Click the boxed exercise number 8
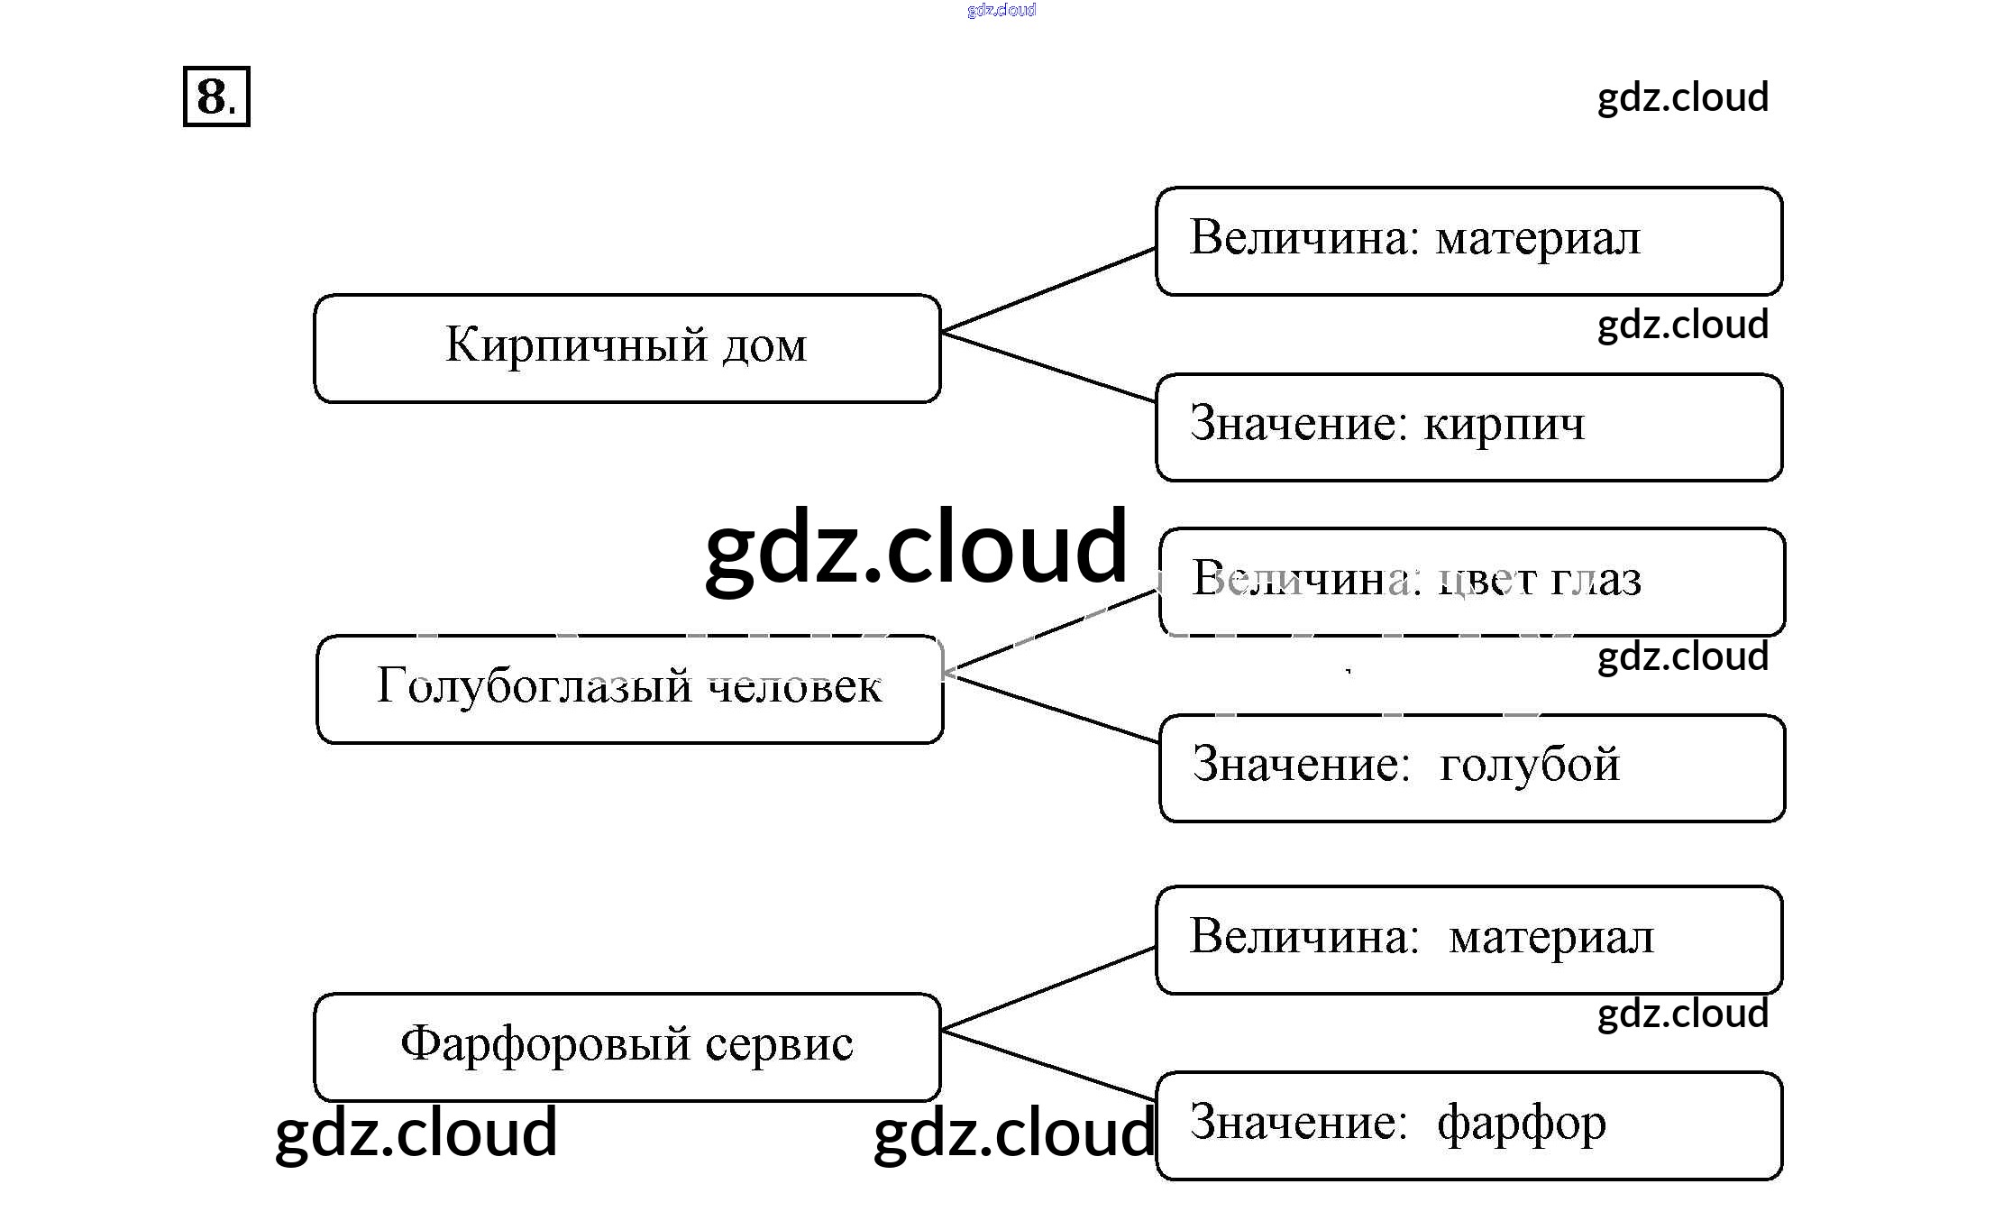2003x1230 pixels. (216, 96)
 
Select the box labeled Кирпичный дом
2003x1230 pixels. (627, 348)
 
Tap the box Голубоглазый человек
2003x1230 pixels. (629, 689)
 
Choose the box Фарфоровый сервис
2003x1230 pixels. (627, 1046)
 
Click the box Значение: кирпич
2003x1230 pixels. (1468, 427)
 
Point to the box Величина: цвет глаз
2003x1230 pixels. (1471, 582)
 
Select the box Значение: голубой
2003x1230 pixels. (1471, 768)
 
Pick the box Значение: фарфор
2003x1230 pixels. (1468, 1125)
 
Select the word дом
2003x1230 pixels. (764, 346)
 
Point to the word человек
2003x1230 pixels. (794, 688)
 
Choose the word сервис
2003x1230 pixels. (779, 1045)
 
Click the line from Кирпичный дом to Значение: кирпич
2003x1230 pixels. (1047, 367)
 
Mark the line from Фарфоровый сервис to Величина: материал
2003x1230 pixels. (1047, 988)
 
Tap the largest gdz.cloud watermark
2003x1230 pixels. (915, 547)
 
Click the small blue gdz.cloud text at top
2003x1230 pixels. (1001, 10)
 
